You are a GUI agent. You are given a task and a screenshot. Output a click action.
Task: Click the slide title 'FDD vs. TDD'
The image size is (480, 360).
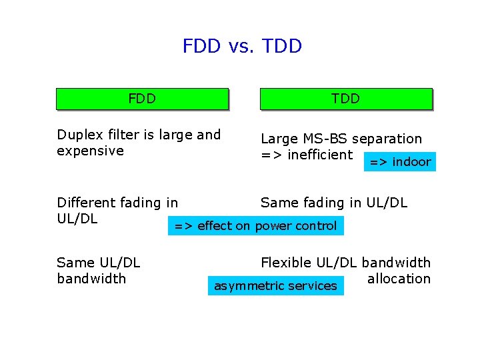click(242, 46)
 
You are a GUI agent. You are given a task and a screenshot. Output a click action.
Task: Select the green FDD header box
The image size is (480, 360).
click(142, 99)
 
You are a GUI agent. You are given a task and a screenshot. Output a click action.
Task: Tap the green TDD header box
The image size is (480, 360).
click(345, 99)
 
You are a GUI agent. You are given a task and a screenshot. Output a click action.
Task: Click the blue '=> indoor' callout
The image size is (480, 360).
click(400, 162)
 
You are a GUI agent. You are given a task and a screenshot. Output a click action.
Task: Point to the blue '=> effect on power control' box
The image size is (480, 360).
click(255, 226)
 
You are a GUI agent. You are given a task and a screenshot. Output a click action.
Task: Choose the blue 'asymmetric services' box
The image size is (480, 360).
click(275, 286)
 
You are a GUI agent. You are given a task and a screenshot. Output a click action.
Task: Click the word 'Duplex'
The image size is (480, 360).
click(79, 135)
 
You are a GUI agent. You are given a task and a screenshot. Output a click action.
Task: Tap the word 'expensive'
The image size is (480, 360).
click(90, 151)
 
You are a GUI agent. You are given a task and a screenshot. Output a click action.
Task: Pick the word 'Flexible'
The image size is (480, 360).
click(285, 263)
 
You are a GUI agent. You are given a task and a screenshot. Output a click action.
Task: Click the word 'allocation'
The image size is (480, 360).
click(399, 279)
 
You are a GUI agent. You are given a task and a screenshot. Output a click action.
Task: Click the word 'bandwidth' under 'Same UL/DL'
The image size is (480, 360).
click(91, 279)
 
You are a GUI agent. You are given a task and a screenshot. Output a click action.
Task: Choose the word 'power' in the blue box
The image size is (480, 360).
click(273, 226)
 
